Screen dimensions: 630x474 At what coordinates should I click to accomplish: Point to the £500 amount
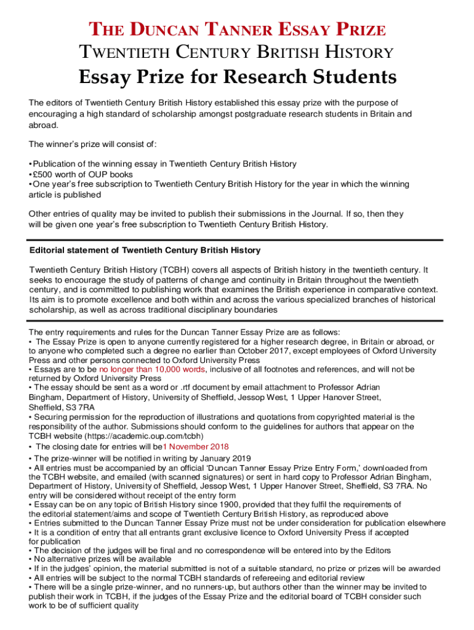pyautogui.click(x=45, y=174)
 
